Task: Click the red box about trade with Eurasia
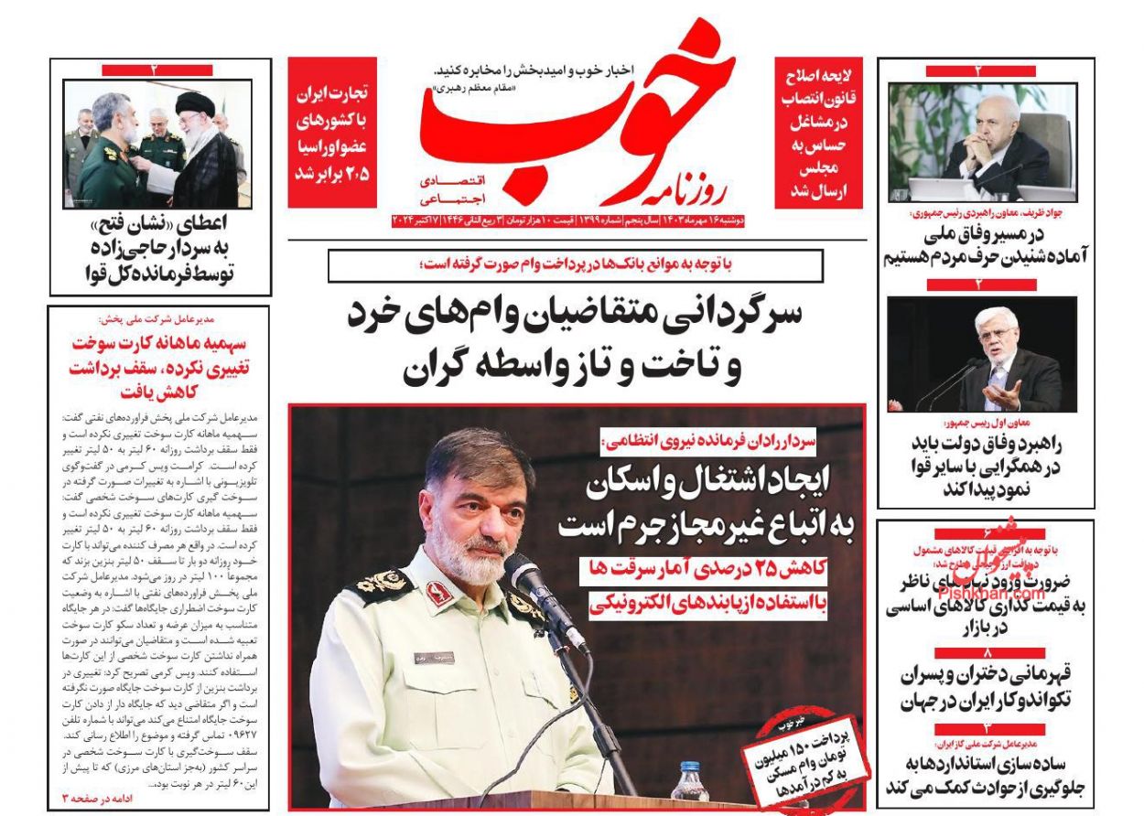tap(331, 133)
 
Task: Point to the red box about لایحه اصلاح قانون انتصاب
tap(818, 133)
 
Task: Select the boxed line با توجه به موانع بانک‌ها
tap(575, 265)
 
